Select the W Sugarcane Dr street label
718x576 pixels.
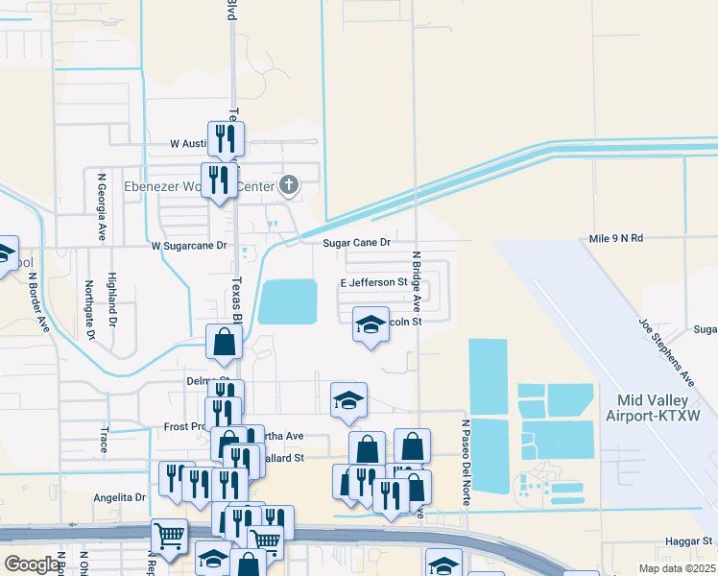(188, 246)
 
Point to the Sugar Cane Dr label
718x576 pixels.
(356, 244)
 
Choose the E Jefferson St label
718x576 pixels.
(374, 283)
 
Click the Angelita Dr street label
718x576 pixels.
(119, 497)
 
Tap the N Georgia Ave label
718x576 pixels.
(100, 206)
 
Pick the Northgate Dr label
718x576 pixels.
(89, 309)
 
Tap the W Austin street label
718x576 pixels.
(187, 143)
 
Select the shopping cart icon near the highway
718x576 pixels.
(169, 537)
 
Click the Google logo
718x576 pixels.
(33, 564)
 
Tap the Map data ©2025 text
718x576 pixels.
(676, 568)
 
